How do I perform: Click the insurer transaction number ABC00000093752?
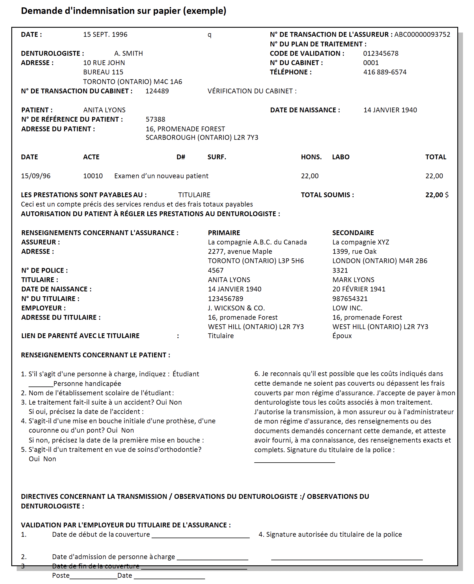[422, 35]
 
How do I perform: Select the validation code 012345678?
[381, 53]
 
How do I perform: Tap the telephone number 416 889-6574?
[385, 72]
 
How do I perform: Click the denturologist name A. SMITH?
[128, 53]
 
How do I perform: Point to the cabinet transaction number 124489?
[157, 91]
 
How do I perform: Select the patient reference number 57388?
[155, 119]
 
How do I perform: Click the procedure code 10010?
[93, 176]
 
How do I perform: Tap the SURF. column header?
[217, 157]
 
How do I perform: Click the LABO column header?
[341, 157]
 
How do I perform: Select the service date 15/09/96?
[36, 176]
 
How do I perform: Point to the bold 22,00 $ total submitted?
[437, 195]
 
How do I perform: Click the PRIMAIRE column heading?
[224, 233]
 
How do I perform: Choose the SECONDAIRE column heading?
[353, 233]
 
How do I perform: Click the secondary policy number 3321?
[340, 270]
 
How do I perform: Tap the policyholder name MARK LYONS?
[353, 280]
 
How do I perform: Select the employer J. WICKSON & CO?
[236, 308]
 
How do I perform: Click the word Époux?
[342, 336]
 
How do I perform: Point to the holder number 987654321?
[350, 299]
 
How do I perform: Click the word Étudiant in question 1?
[186, 374]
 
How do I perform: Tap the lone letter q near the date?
[209, 35]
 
